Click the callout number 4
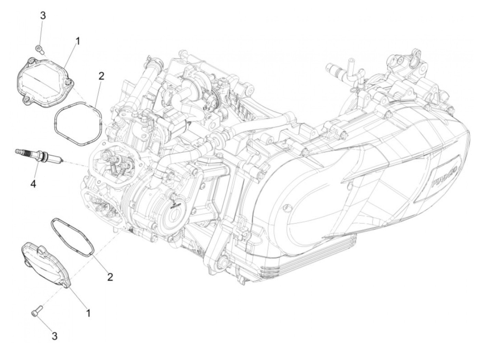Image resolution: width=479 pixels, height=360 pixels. click(33, 184)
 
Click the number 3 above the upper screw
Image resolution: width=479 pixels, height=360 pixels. click(43, 15)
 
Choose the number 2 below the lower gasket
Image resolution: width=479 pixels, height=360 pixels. click(110, 277)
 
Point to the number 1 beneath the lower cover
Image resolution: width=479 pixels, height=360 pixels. click(88, 312)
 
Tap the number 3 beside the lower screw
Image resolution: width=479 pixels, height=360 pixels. click(54, 336)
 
